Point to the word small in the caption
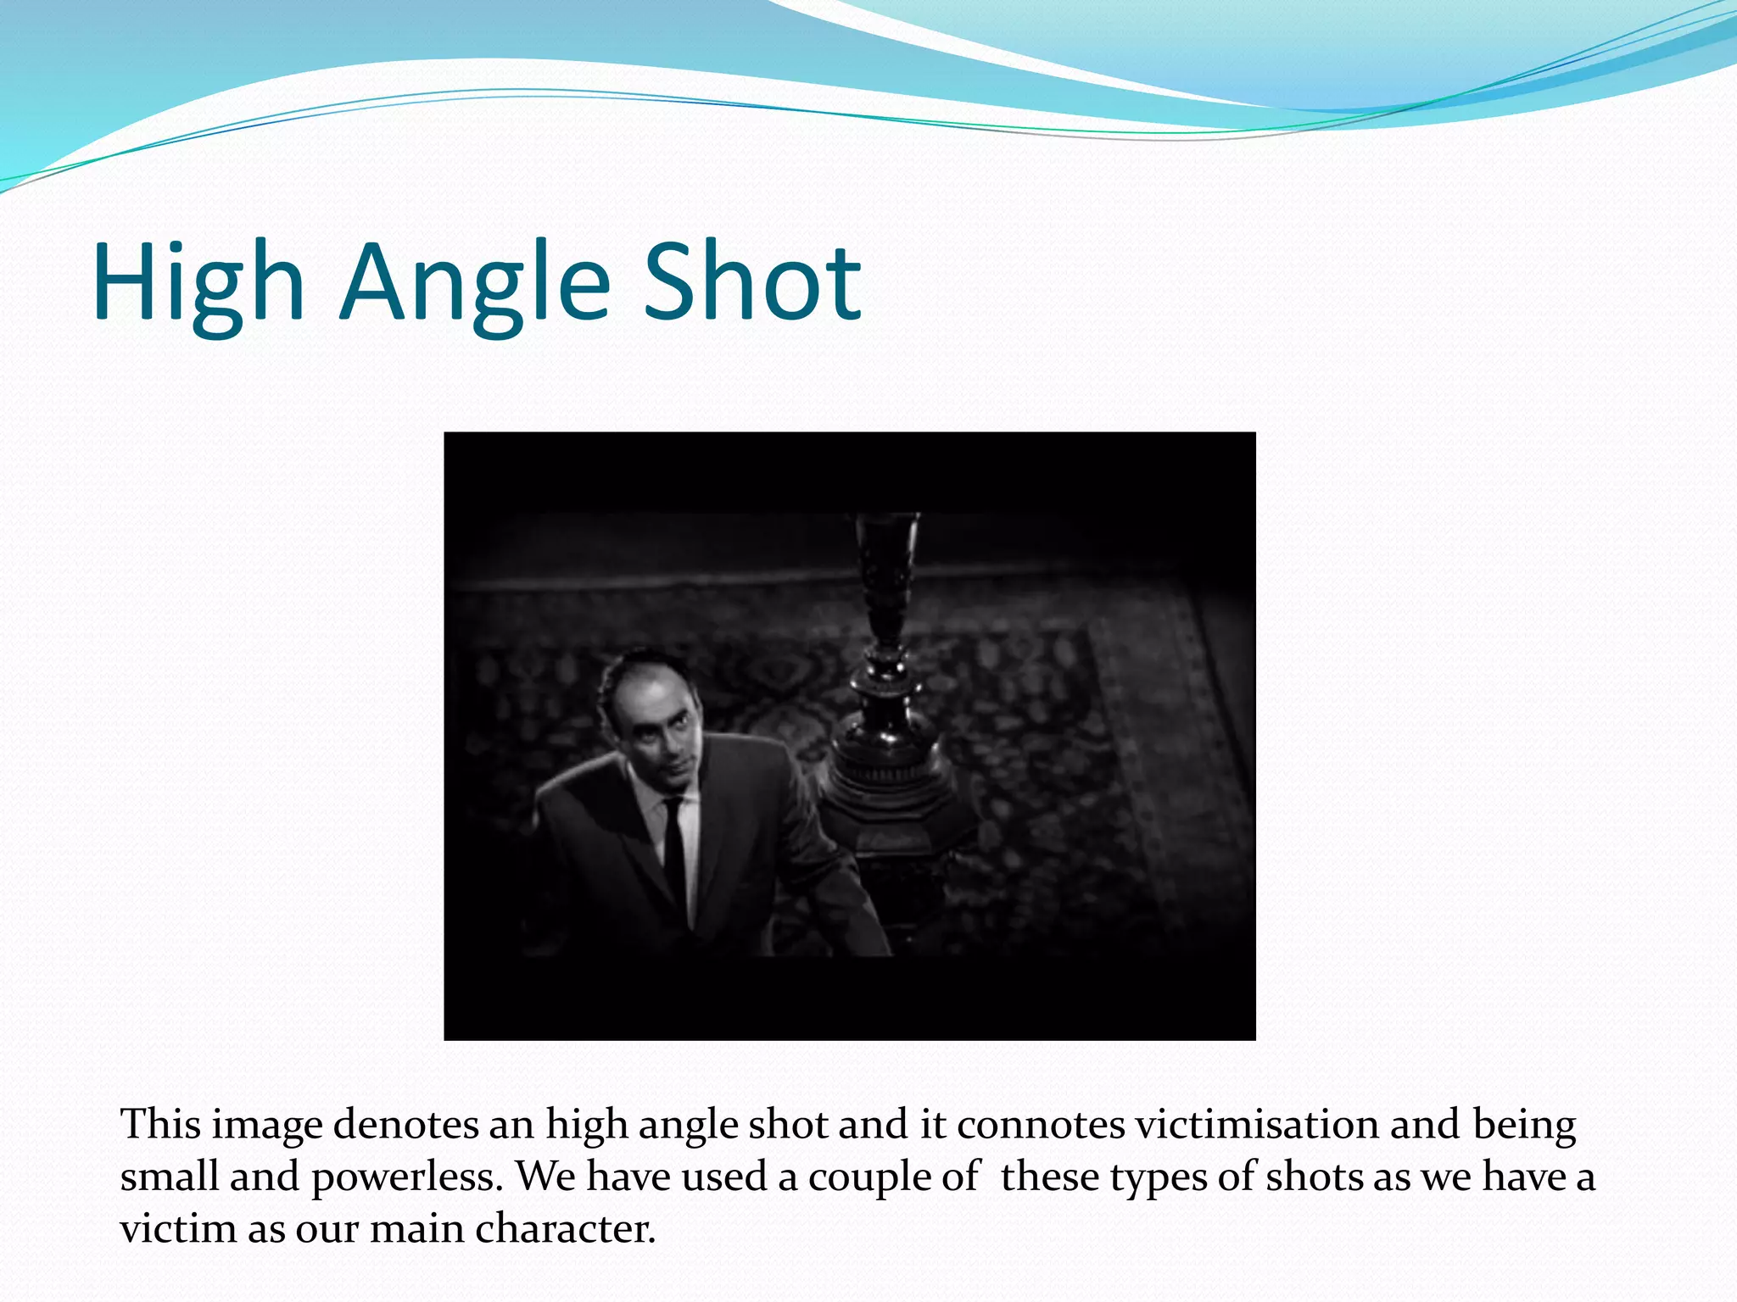(x=170, y=1177)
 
